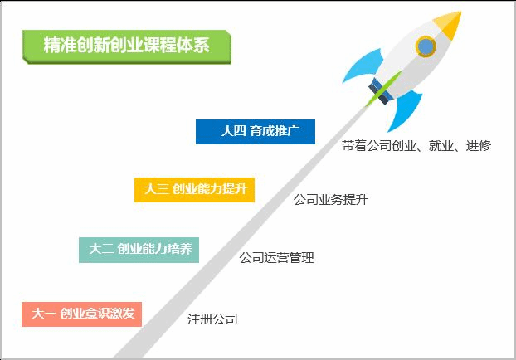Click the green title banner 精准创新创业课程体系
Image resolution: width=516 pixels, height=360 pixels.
coord(127,46)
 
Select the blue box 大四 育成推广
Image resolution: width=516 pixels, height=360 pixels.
coord(256,132)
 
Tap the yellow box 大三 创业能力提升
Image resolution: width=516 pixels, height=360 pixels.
coord(194,190)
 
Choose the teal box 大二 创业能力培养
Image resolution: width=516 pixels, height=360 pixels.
coord(139,250)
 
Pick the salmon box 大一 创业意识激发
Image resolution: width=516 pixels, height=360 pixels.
coord(81,314)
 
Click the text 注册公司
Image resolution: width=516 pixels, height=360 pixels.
coord(212,319)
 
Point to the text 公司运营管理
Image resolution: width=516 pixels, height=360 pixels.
coord(277,258)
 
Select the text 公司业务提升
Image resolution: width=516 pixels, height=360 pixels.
coord(331,199)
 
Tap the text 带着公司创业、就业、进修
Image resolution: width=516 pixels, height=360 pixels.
coord(416,145)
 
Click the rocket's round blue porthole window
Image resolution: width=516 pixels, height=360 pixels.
coord(426,46)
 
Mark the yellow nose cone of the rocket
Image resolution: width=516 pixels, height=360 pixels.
coord(449,24)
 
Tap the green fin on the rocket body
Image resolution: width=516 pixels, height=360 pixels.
coord(383,89)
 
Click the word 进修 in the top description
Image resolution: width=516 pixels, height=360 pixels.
coord(479,145)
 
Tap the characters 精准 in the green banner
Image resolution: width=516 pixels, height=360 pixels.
coord(60,45)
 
